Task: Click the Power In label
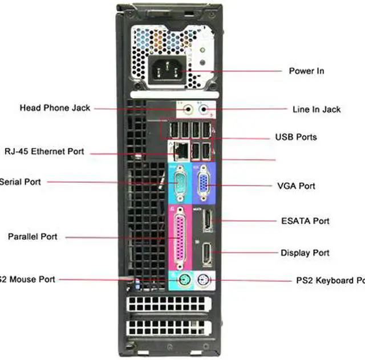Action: pos(306,71)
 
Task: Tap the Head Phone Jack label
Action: pos(55,107)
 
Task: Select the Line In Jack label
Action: pos(316,109)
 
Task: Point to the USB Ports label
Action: pos(296,137)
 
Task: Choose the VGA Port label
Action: pos(296,186)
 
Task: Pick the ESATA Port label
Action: pos(305,221)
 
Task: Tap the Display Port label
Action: pos(305,253)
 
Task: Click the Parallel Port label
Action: pos(33,236)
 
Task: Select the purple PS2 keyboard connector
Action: pos(204,280)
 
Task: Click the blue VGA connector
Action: pos(202,184)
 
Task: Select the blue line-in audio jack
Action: pos(204,108)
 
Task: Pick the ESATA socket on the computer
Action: pos(207,221)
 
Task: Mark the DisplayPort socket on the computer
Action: pos(207,253)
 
